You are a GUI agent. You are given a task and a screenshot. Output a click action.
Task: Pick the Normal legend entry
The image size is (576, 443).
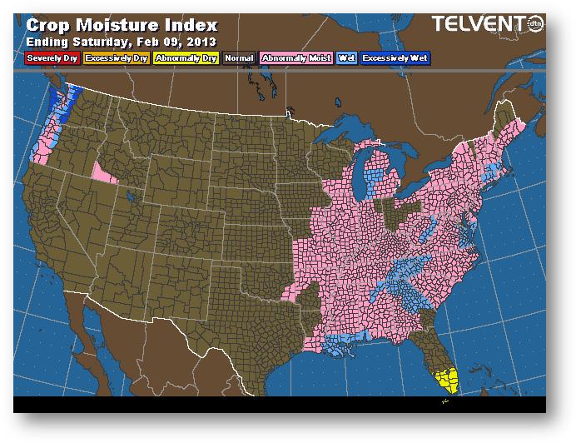click(239, 58)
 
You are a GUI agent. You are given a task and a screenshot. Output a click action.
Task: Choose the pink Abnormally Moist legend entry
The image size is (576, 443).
click(295, 58)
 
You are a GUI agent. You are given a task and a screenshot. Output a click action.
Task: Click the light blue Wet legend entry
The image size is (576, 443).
click(345, 58)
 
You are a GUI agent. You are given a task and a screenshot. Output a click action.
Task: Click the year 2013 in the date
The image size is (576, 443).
click(201, 41)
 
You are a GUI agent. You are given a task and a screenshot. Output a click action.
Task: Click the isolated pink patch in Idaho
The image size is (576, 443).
click(104, 172)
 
